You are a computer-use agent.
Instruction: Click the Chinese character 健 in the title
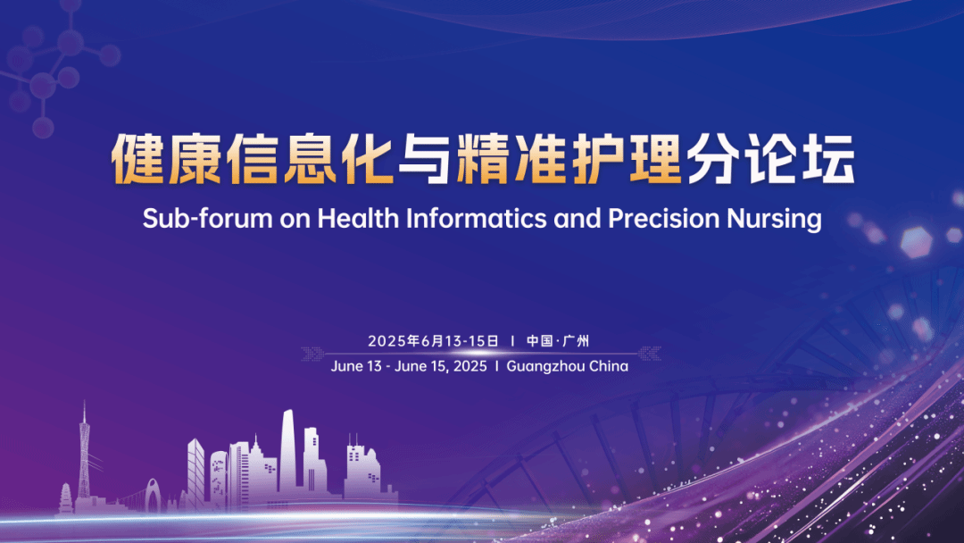pyautogui.click(x=137, y=159)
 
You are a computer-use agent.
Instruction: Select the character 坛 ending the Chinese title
pyautogui.click(x=828, y=159)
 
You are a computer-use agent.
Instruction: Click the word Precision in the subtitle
pyautogui.click(x=663, y=218)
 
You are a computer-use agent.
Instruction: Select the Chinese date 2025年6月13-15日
pyautogui.click(x=434, y=340)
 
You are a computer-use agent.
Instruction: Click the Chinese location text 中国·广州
pyautogui.click(x=558, y=340)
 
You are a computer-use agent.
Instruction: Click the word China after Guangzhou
pyautogui.click(x=609, y=366)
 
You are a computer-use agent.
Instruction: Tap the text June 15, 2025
pyautogui.click(x=440, y=366)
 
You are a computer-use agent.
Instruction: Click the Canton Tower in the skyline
pyautogui.click(x=84, y=455)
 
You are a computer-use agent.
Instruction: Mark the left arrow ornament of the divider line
pyautogui.click(x=313, y=354)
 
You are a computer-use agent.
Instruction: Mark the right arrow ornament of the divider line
pyautogui.click(x=649, y=354)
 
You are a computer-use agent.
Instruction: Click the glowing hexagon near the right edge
pyautogui.click(x=916, y=242)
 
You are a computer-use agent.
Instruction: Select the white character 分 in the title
pyautogui.click(x=713, y=159)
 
